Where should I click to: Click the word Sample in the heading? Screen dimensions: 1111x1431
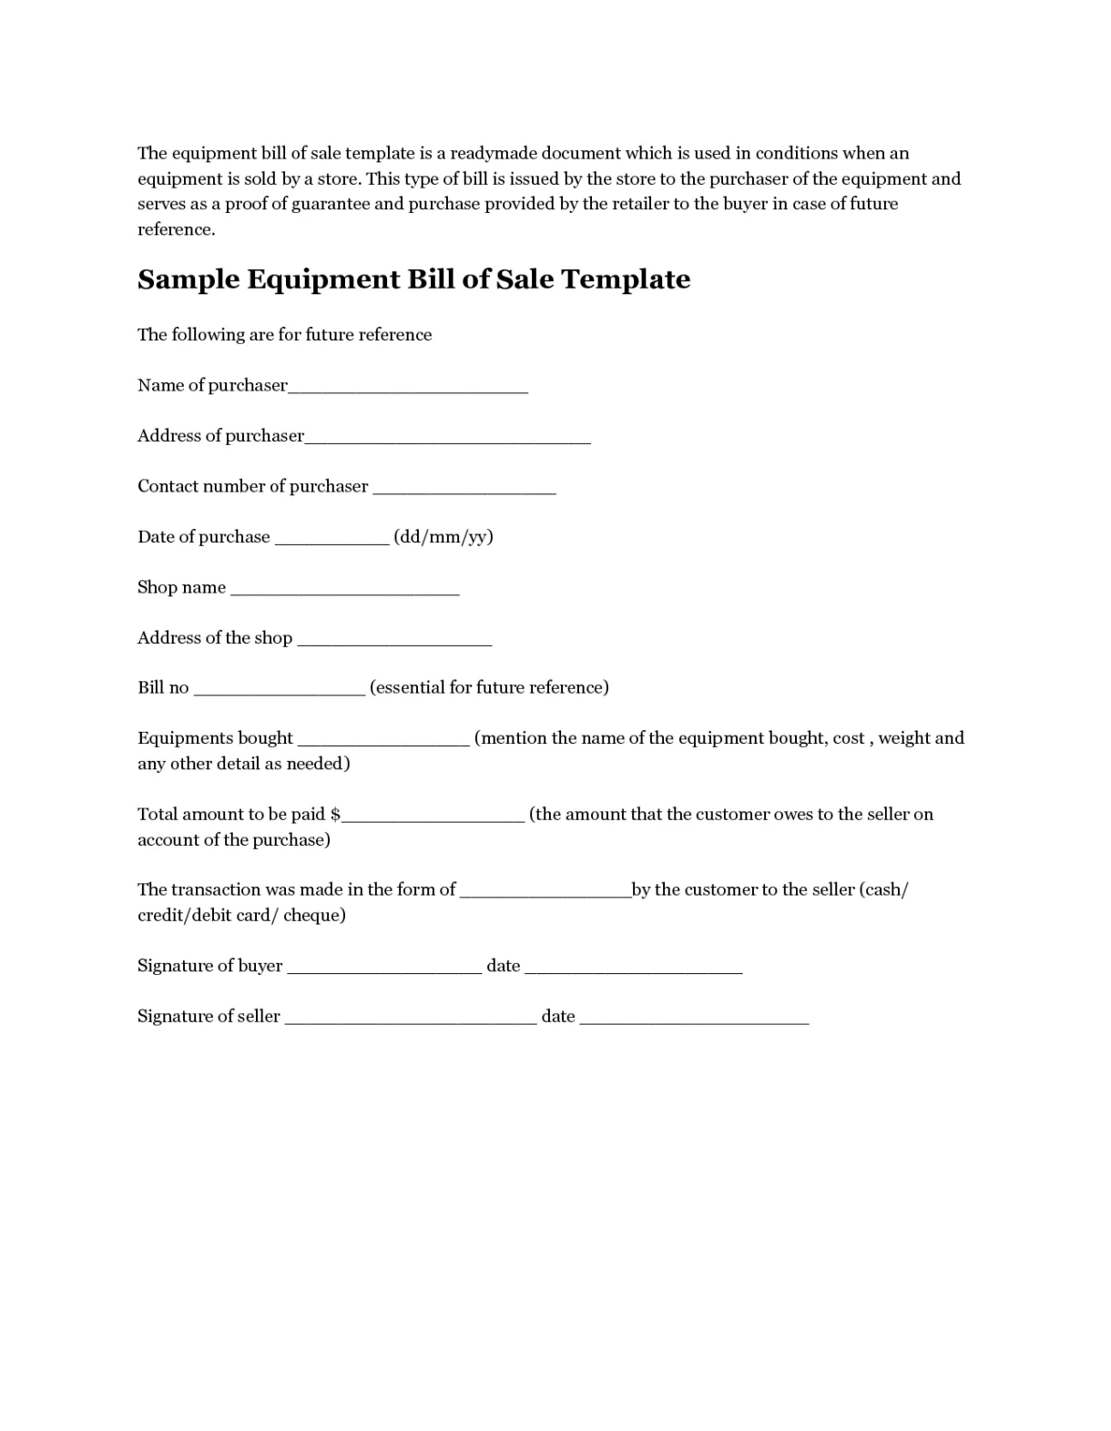188,279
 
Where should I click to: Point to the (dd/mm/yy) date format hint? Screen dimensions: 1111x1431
443,537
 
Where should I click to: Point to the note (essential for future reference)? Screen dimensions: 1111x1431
489,687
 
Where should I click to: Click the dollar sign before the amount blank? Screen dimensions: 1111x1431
335,815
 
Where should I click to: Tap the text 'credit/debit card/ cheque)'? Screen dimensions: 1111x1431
241,915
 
